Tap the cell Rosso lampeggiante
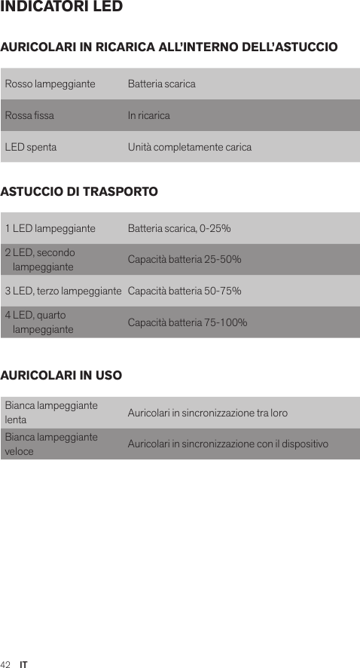click(50, 84)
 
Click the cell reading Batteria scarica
click(161, 84)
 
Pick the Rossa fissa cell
click(29, 115)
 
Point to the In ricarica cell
click(148, 115)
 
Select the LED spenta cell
click(30, 147)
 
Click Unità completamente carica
click(190, 147)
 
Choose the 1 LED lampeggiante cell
click(50, 228)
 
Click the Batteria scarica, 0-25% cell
click(179, 228)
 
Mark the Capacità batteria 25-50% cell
click(185, 260)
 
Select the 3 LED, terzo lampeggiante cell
click(63, 291)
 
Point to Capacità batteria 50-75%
click(185, 291)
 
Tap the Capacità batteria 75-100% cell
click(188, 322)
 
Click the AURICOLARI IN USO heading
click(62, 374)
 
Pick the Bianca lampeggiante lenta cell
click(51, 413)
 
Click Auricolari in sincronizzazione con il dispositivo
click(228, 444)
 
